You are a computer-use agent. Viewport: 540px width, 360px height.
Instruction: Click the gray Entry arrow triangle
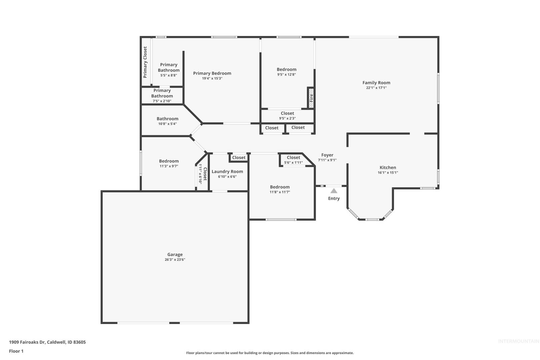coord(334,191)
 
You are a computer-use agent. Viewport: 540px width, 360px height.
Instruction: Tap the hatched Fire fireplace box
coord(311,98)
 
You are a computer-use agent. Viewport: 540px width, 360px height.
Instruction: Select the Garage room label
coord(175,254)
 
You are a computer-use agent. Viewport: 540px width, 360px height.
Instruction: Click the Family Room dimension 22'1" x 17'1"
coord(376,88)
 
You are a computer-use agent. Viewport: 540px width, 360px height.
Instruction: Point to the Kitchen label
coord(388,167)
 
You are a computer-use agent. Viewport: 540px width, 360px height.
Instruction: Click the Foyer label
coord(327,155)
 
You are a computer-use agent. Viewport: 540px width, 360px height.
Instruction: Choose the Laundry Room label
coord(227,171)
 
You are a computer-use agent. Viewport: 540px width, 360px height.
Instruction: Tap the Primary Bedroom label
coord(212,73)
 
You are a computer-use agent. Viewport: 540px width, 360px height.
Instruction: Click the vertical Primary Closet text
coord(145,62)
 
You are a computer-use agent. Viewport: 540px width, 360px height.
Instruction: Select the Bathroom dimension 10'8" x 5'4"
coord(168,124)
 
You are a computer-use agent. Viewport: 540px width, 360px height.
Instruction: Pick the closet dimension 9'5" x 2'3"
coord(287,118)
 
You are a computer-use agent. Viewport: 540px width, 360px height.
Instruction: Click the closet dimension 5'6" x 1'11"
coord(293,163)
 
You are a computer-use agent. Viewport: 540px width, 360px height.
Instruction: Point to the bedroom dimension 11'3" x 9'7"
coord(169,166)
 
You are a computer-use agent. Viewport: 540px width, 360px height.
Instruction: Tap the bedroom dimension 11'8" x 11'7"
coord(280,192)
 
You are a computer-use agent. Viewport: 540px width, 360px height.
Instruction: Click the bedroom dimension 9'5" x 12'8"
coord(286,75)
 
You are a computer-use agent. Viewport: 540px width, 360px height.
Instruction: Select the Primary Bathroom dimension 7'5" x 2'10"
coord(162,101)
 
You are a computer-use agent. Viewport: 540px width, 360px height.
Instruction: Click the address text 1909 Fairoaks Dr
coord(27,342)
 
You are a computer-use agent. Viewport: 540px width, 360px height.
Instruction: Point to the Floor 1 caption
coord(16,351)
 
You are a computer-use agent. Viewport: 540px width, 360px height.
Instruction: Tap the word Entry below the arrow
coord(334,198)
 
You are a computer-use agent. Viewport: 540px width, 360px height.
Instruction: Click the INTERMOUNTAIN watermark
coord(519,341)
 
